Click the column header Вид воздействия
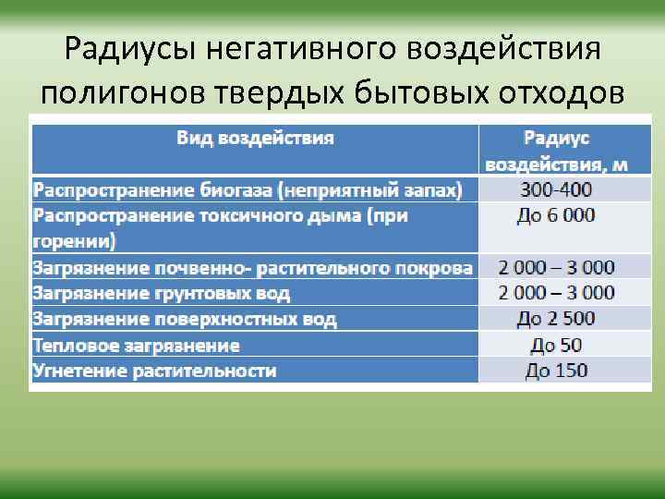[256, 138]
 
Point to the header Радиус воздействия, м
[556, 152]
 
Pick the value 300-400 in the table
[556, 190]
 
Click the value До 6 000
[556, 215]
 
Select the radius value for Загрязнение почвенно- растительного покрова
[556, 268]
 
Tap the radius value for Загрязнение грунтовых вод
[556, 293]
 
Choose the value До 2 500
[556, 319]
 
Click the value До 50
[556, 346]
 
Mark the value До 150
[556, 371]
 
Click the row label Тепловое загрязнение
[136, 346]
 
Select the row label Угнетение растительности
[154, 371]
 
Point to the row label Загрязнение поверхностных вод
[185, 319]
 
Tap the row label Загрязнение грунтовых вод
[162, 293]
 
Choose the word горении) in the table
[75, 242]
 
